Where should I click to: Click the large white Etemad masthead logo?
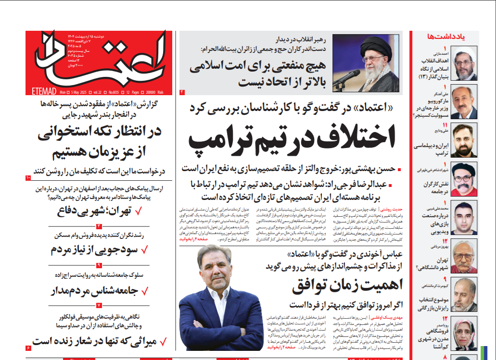103,55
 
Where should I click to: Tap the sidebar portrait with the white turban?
466,63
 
